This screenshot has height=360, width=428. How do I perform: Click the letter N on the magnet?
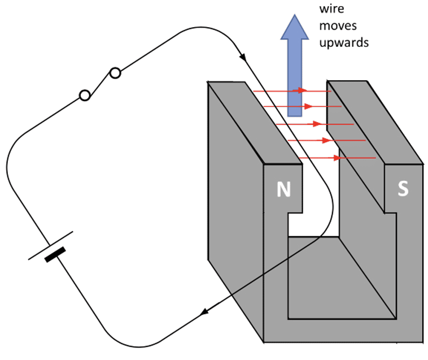(283, 190)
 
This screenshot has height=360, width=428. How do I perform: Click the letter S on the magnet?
(403, 189)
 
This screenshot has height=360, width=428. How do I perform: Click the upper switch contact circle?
(115, 73)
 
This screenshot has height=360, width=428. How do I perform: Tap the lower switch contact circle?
(85, 96)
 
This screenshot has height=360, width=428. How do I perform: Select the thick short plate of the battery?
(55, 254)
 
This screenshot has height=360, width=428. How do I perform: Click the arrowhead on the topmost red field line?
(303, 90)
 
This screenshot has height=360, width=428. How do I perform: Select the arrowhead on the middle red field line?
(315, 123)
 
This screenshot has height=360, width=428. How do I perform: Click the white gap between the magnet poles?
(314, 220)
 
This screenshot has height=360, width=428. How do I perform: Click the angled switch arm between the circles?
(101, 84)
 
